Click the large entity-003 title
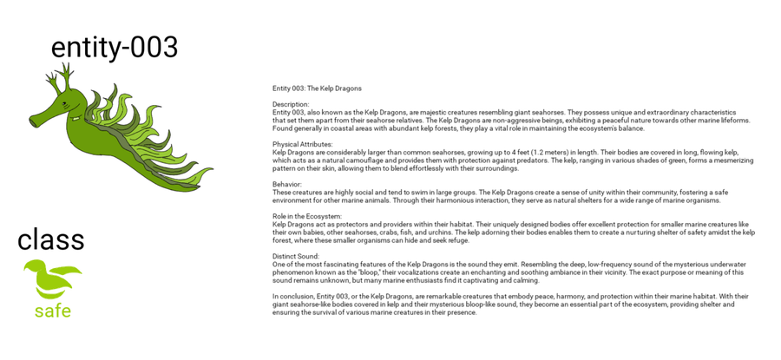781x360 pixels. (115, 47)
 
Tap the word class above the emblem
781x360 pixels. (51, 239)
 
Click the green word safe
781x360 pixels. (53, 311)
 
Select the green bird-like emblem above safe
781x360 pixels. (52, 278)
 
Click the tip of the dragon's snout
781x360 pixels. (32, 121)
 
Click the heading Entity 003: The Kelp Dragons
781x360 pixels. (317, 88)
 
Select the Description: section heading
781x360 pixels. (291, 104)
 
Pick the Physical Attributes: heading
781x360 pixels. (302, 144)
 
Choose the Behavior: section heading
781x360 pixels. (287, 184)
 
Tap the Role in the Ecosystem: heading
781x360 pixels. (307, 216)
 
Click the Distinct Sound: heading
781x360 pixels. (296, 256)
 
